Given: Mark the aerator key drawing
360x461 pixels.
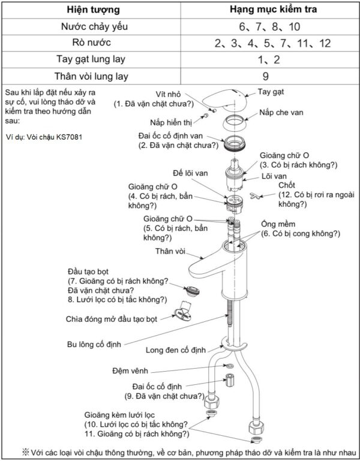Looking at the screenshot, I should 182,314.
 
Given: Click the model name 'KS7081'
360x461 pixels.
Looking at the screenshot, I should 68,137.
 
